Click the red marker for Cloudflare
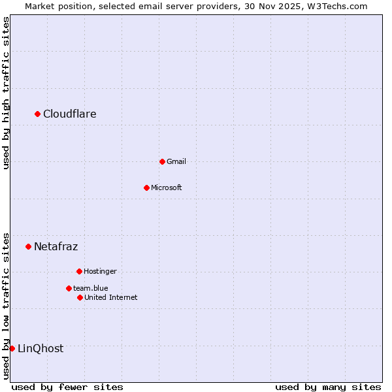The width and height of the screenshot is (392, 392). click(37, 114)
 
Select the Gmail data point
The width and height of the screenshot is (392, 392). click(162, 161)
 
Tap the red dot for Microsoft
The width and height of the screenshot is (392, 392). click(146, 188)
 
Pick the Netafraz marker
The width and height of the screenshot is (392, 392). click(28, 246)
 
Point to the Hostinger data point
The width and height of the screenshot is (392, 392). click(79, 271)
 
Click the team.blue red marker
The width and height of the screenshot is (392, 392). click(69, 288)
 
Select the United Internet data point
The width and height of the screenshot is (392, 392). click(80, 297)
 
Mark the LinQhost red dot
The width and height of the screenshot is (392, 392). click(12, 348)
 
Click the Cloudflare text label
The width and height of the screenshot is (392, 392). click(70, 114)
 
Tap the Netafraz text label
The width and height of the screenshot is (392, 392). click(56, 246)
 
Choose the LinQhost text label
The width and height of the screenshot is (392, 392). click(41, 348)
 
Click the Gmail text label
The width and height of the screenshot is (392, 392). click(176, 161)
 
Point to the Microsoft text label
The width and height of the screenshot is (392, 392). click(167, 188)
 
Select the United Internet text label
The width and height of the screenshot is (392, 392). click(111, 297)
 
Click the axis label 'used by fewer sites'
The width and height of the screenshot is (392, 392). click(67, 387)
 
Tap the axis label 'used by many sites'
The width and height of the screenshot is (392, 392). click(328, 387)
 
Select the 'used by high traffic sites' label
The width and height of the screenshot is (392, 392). click(6, 93)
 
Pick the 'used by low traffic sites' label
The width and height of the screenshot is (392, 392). click(6, 305)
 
